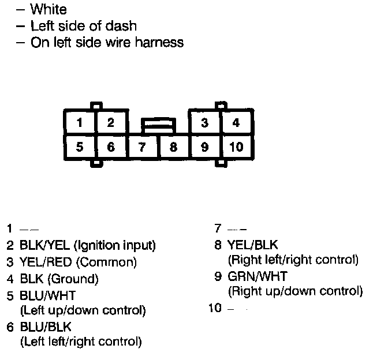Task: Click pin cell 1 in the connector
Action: coord(79,122)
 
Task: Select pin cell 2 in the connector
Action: coord(110,122)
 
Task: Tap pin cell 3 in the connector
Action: coord(204,122)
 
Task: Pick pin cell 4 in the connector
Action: coord(236,122)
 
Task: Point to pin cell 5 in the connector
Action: coord(79,147)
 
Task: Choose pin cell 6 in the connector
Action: coord(110,147)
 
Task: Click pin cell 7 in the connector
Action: coord(142,147)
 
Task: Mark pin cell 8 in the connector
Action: coord(173,147)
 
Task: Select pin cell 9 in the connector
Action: coord(204,147)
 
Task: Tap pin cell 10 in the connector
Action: coord(236,147)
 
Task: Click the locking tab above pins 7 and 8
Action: coord(158,124)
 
